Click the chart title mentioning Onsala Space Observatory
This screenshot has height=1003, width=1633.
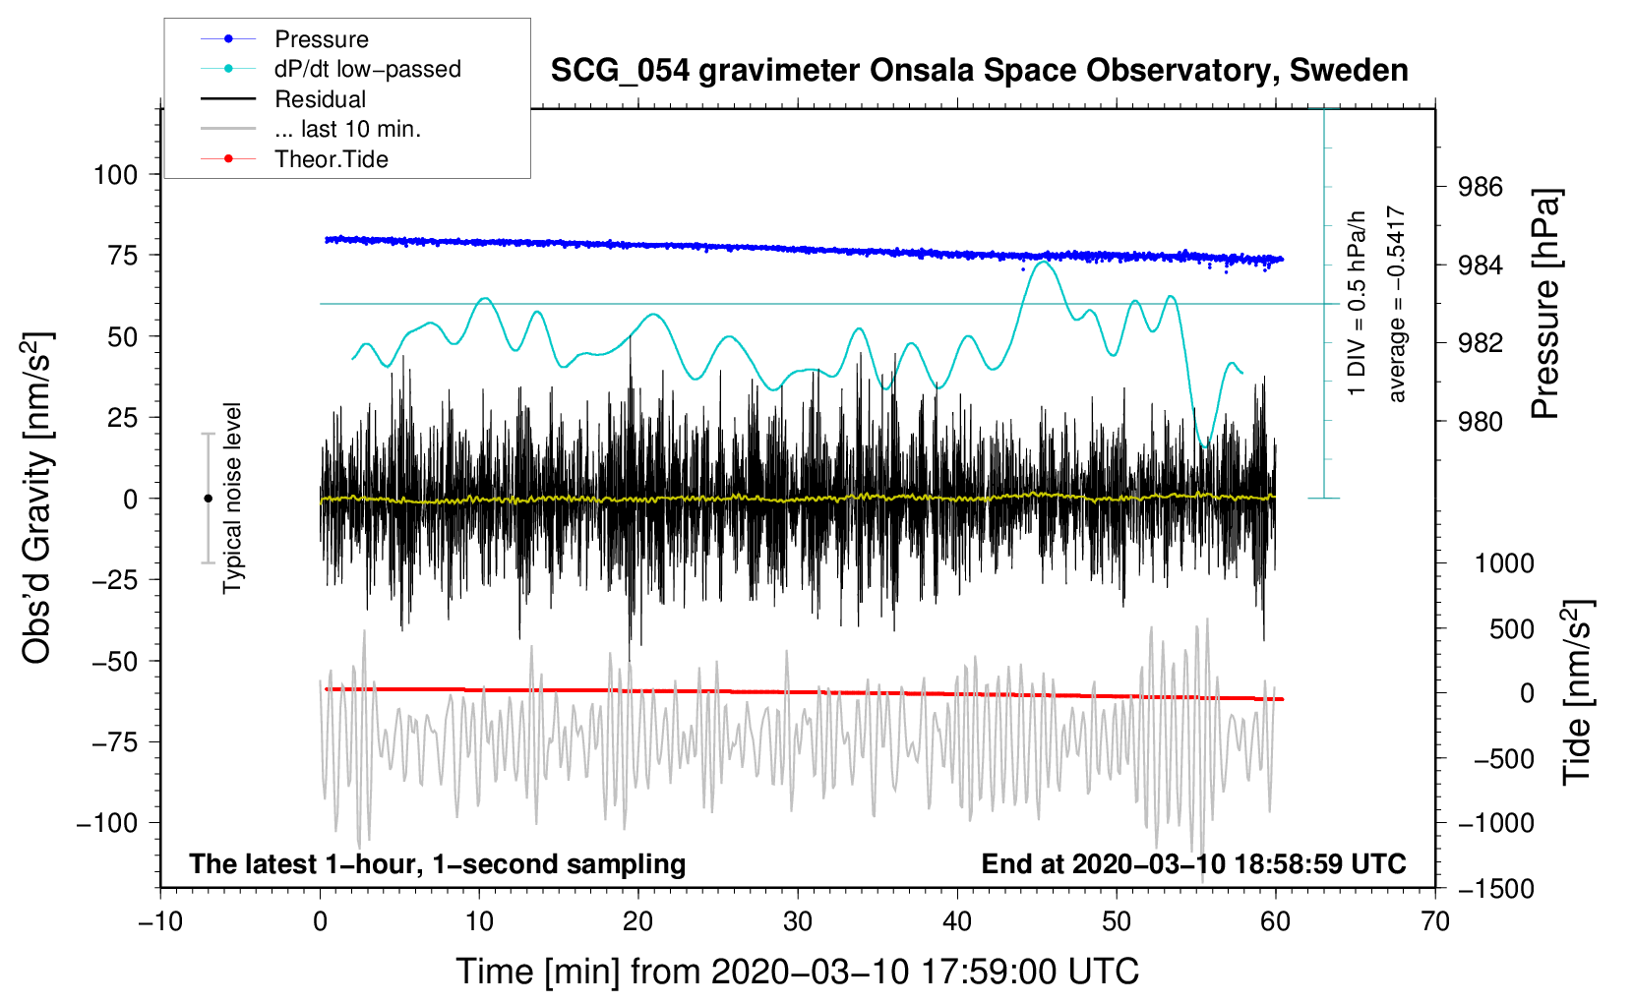tap(979, 71)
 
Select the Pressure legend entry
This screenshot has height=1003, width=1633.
tap(284, 39)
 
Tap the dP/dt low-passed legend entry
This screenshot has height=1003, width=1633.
tap(331, 69)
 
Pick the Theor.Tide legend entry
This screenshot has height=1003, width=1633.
tap(294, 159)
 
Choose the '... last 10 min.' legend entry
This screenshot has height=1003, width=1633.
tap(311, 129)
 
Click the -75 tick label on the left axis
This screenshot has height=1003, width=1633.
tap(114, 742)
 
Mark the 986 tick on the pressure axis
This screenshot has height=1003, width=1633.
tap(1481, 188)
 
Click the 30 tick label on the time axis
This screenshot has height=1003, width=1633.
tap(798, 922)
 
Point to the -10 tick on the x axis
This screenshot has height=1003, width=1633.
tap(160, 922)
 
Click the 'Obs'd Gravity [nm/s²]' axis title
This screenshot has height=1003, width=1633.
tap(37, 499)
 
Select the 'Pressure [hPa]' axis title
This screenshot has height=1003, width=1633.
tap(1545, 304)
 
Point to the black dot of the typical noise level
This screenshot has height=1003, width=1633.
tap(208, 499)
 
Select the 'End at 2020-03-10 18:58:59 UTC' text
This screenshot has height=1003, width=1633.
tap(1193, 863)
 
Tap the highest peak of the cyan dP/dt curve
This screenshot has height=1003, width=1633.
tap(1045, 261)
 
